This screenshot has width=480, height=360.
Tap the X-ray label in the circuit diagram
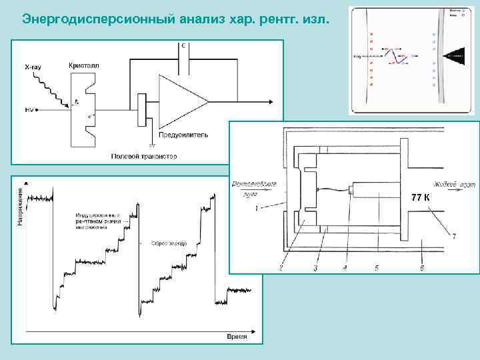(35, 67)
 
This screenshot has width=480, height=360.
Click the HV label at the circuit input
(29, 109)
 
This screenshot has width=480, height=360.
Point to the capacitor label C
(183, 46)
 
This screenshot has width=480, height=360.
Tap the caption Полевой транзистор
(143, 157)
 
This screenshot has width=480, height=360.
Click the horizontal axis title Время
(237, 337)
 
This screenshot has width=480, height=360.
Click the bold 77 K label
(421, 198)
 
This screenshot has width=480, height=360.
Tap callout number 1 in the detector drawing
(257, 209)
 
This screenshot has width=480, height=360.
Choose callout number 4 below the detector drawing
(345, 267)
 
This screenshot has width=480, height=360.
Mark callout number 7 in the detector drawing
(453, 237)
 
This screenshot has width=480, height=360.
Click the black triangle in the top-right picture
(453, 57)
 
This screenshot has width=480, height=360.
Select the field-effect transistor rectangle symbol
(141, 109)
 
